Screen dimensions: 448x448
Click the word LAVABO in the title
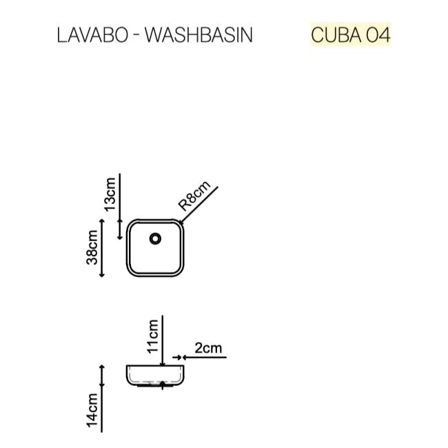92,35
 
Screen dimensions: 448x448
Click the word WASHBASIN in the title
199,35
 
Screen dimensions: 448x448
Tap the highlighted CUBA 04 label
351,35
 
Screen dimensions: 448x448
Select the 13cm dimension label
110,194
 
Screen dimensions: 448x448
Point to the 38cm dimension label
92,247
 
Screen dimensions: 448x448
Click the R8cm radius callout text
194,196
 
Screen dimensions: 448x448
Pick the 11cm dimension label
153,336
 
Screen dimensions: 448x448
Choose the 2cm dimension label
208,348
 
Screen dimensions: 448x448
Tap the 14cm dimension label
92,410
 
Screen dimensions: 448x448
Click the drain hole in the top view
155,238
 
